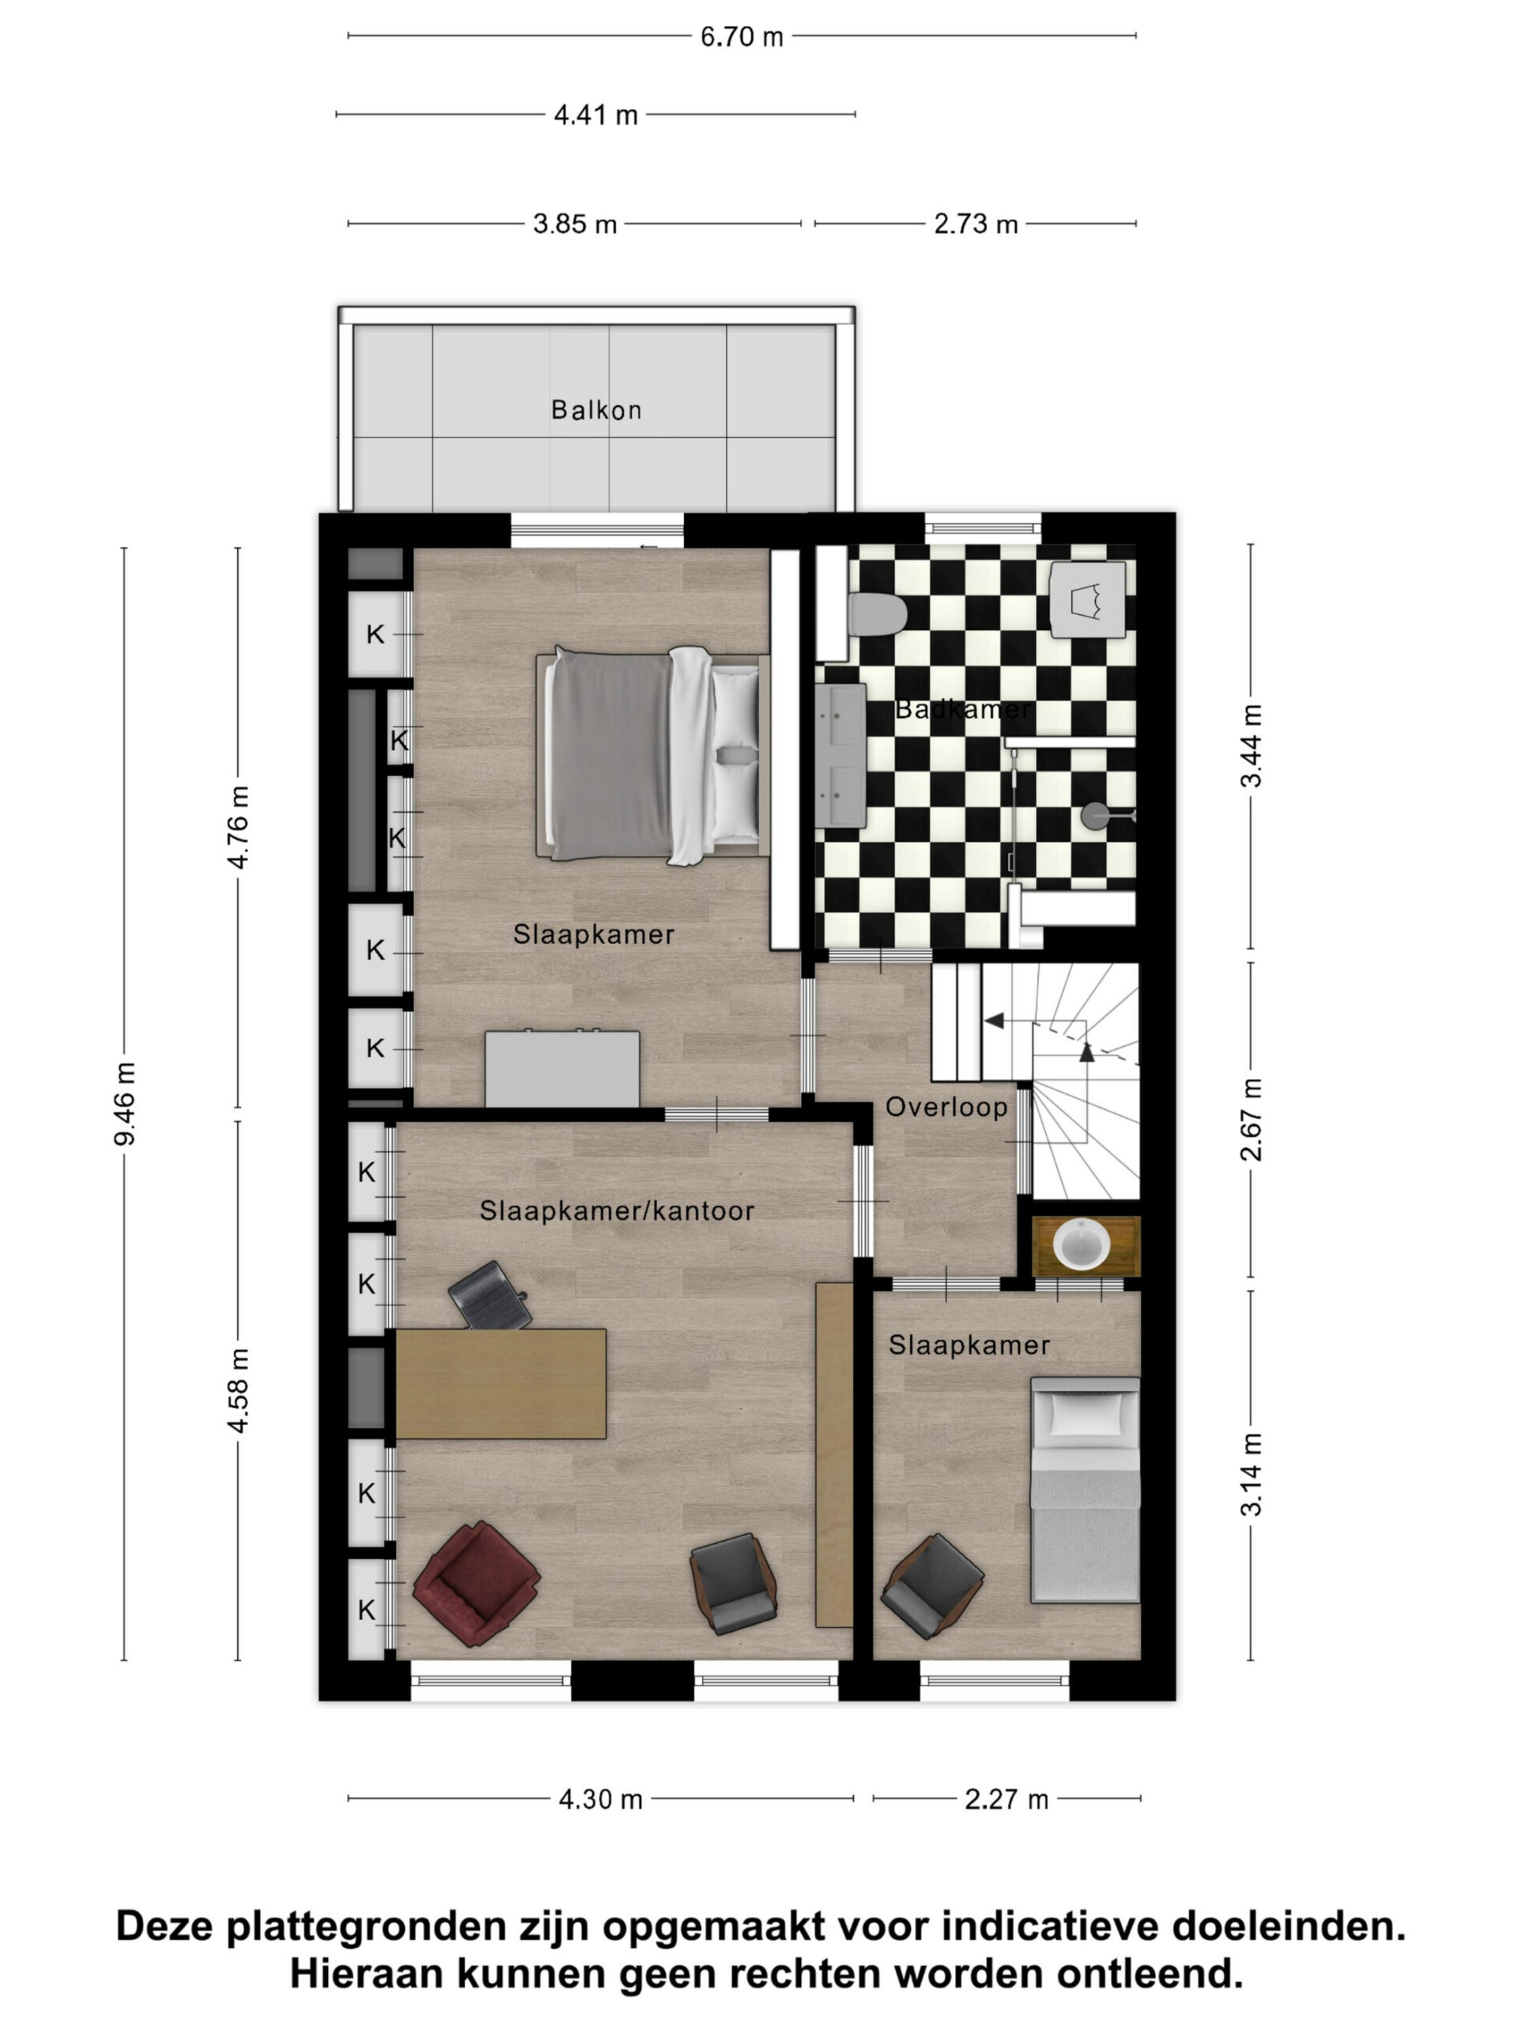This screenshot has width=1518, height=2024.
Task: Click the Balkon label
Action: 595,410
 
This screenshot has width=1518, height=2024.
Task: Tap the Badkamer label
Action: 963,708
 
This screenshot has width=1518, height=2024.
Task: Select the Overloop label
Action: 946,1107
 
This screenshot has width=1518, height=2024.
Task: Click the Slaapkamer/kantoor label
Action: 617,1210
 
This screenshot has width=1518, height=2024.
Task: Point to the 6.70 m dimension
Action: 741,36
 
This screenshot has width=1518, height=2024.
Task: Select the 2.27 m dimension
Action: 1006,1799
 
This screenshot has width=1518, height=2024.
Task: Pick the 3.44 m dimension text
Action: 1251,746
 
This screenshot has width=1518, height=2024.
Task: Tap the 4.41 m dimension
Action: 595,115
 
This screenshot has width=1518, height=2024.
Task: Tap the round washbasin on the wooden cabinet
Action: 1082,1244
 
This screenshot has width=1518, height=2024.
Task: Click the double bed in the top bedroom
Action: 652,755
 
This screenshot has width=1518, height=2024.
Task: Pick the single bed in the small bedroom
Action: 1086,1490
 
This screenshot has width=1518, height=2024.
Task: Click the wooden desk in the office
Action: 500,1384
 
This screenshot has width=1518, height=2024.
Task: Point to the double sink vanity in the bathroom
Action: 840,756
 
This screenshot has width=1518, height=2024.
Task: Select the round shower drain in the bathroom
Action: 1094,815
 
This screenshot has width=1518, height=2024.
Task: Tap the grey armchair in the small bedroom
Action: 931,1586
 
